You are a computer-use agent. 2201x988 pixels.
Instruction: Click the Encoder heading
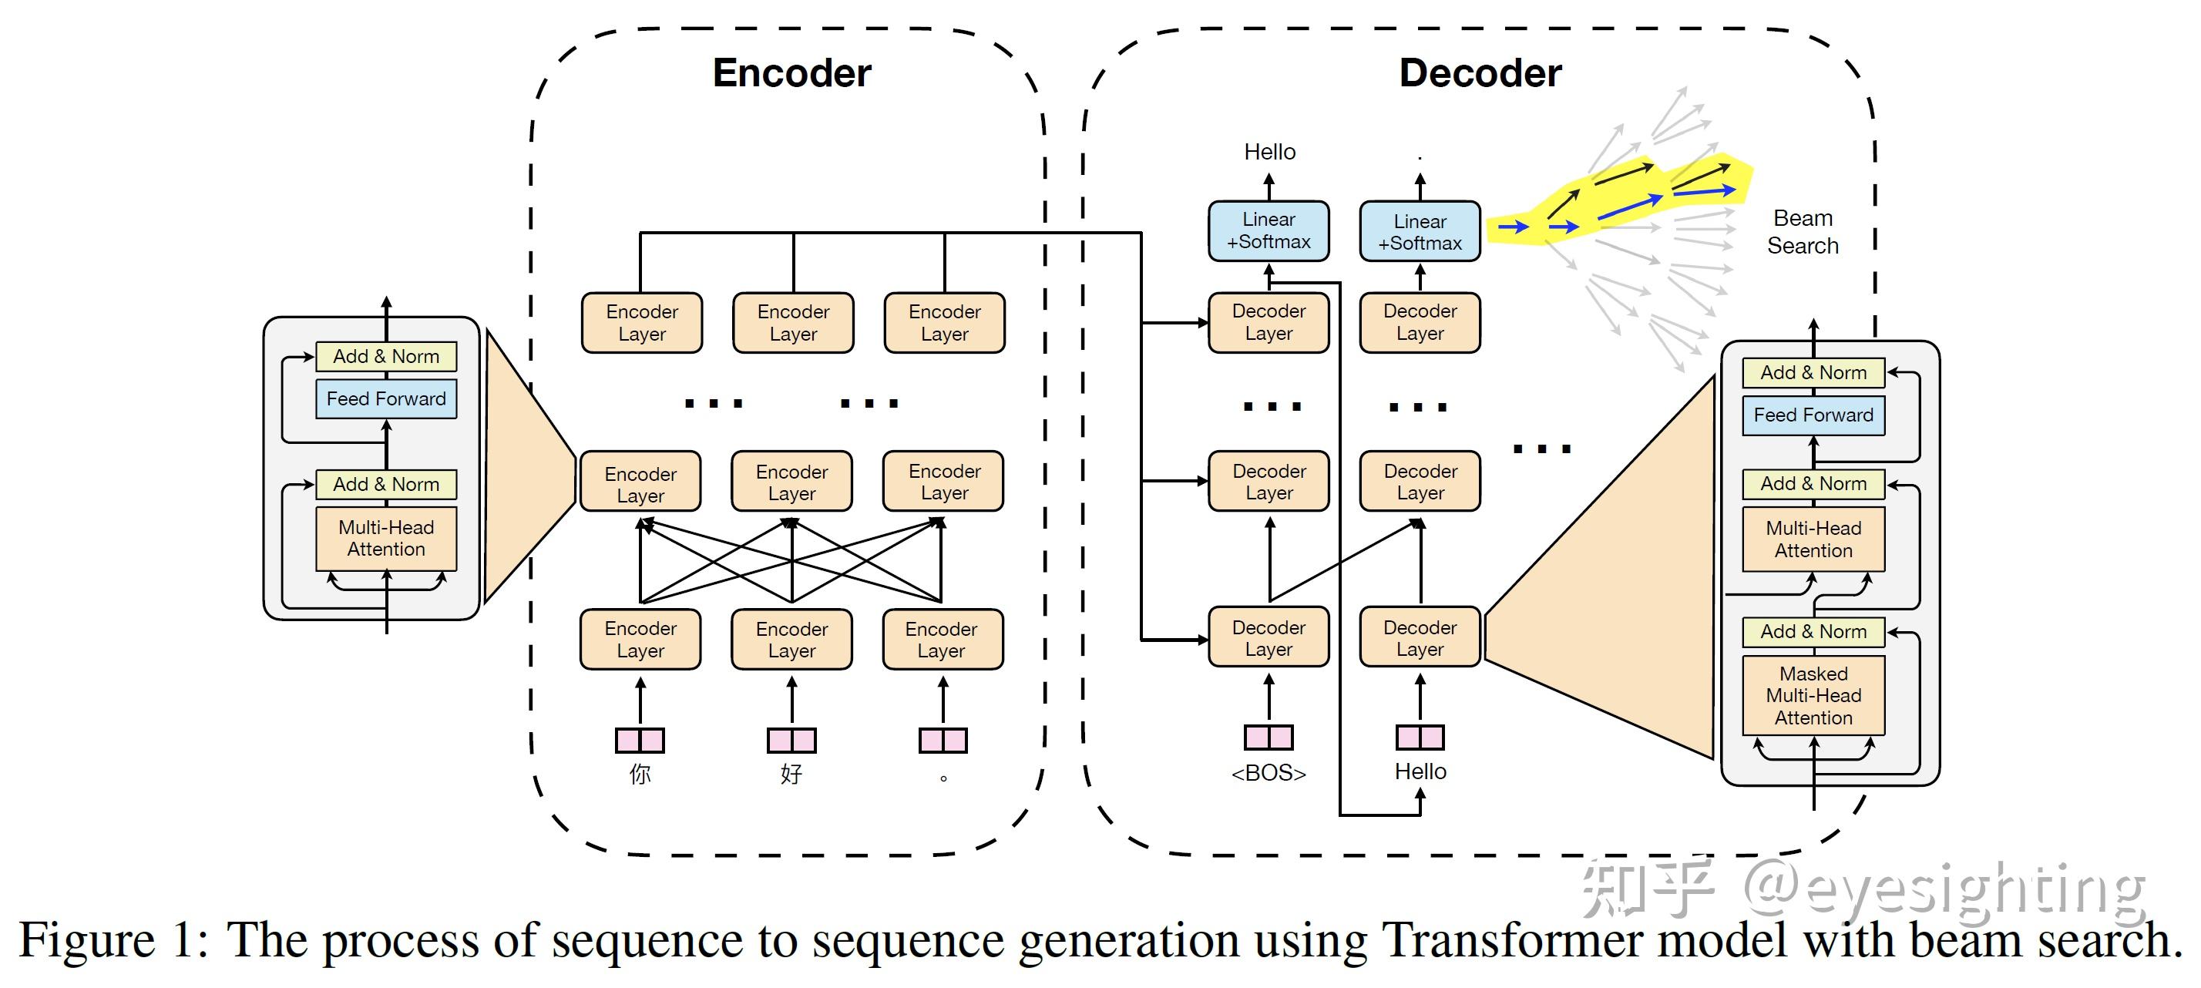pyautogui.click(x=791, y=72)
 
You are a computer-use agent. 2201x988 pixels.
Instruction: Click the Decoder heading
pyautogui.click(x=1480, y=72)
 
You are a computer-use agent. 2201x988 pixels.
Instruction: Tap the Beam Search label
pyautogui.click(x=1802, y=232)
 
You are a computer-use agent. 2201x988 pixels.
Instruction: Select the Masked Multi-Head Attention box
pyautogui.click(x=1813, y=696)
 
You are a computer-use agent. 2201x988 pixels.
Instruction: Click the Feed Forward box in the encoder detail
pyautogui.click(x=386, y=399)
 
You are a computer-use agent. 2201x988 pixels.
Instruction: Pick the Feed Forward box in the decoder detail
pyautogui.click(x=1813, y=415)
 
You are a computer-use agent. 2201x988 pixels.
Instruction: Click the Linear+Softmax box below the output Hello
pyautogui.click(x=1269, y=230)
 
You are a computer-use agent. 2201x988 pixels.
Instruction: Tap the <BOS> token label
pyautogui.click(x=1269, y=773)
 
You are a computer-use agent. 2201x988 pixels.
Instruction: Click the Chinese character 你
pyautogui.click(x=640, y=775)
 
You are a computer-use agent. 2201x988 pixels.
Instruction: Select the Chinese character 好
pyautogui.click(x=791, y=775)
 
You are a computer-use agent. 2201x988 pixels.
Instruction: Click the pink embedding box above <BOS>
pyautogui.click(x=1269, y=738)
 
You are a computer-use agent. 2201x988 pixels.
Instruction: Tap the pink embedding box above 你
pyautogui.click(x=640, y=740)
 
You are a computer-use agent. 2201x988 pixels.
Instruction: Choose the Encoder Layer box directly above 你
pyautogui.click(x=640, y=640)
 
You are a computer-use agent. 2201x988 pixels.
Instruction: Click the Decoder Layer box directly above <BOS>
pyautogui.click(x=1269, y=638)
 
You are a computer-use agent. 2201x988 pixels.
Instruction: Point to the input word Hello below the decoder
pyautogui.click(x=1420, y=771)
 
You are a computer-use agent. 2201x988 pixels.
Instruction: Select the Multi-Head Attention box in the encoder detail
pyautogui.click(x=386, y=539)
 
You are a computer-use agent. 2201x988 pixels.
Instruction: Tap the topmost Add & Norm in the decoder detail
pyautogui.click(x=1813, y=373)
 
